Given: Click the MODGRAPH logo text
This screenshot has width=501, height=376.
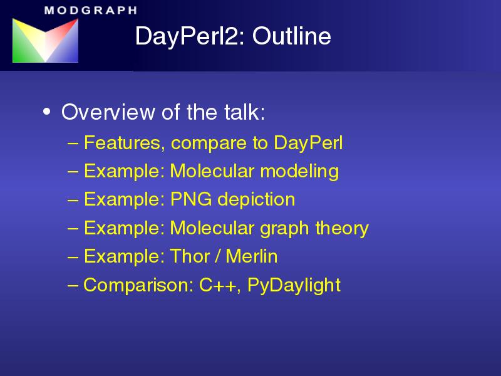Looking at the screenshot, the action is [91, 10].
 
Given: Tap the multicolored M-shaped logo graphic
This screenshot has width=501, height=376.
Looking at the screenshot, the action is [45, 40].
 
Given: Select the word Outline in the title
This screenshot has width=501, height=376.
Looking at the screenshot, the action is [291, 36].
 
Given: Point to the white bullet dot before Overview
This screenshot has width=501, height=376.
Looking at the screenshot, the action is [46, 112].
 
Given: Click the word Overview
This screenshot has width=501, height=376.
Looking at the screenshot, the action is [108, 112].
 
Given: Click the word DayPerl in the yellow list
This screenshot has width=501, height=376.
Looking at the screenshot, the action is [308, 144].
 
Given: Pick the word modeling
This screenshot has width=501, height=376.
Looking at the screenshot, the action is [299, 172].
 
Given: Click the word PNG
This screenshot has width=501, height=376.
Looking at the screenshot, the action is [191, 199].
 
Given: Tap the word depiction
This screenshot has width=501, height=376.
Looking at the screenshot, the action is [256, 200].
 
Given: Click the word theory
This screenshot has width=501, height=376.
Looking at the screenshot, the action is [342, 229].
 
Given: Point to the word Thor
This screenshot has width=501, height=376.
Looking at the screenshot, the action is [190, 256].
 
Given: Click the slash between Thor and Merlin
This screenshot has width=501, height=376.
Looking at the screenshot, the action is [217, 256].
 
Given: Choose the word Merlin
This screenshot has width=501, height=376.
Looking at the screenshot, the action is [252, 256].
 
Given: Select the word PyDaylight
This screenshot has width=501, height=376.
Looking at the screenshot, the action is [294, 286].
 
